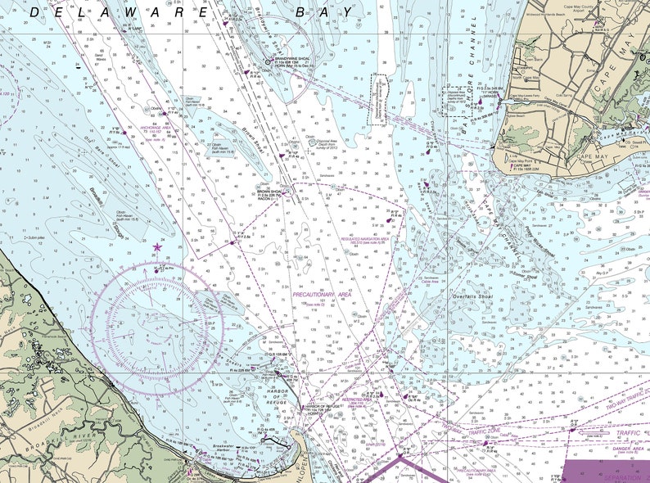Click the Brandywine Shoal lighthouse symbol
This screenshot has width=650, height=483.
[268, 60]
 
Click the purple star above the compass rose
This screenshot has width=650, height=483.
[157, 246]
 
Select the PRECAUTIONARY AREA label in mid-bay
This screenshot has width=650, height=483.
[322, 292]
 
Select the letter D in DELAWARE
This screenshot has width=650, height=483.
[35, 11]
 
